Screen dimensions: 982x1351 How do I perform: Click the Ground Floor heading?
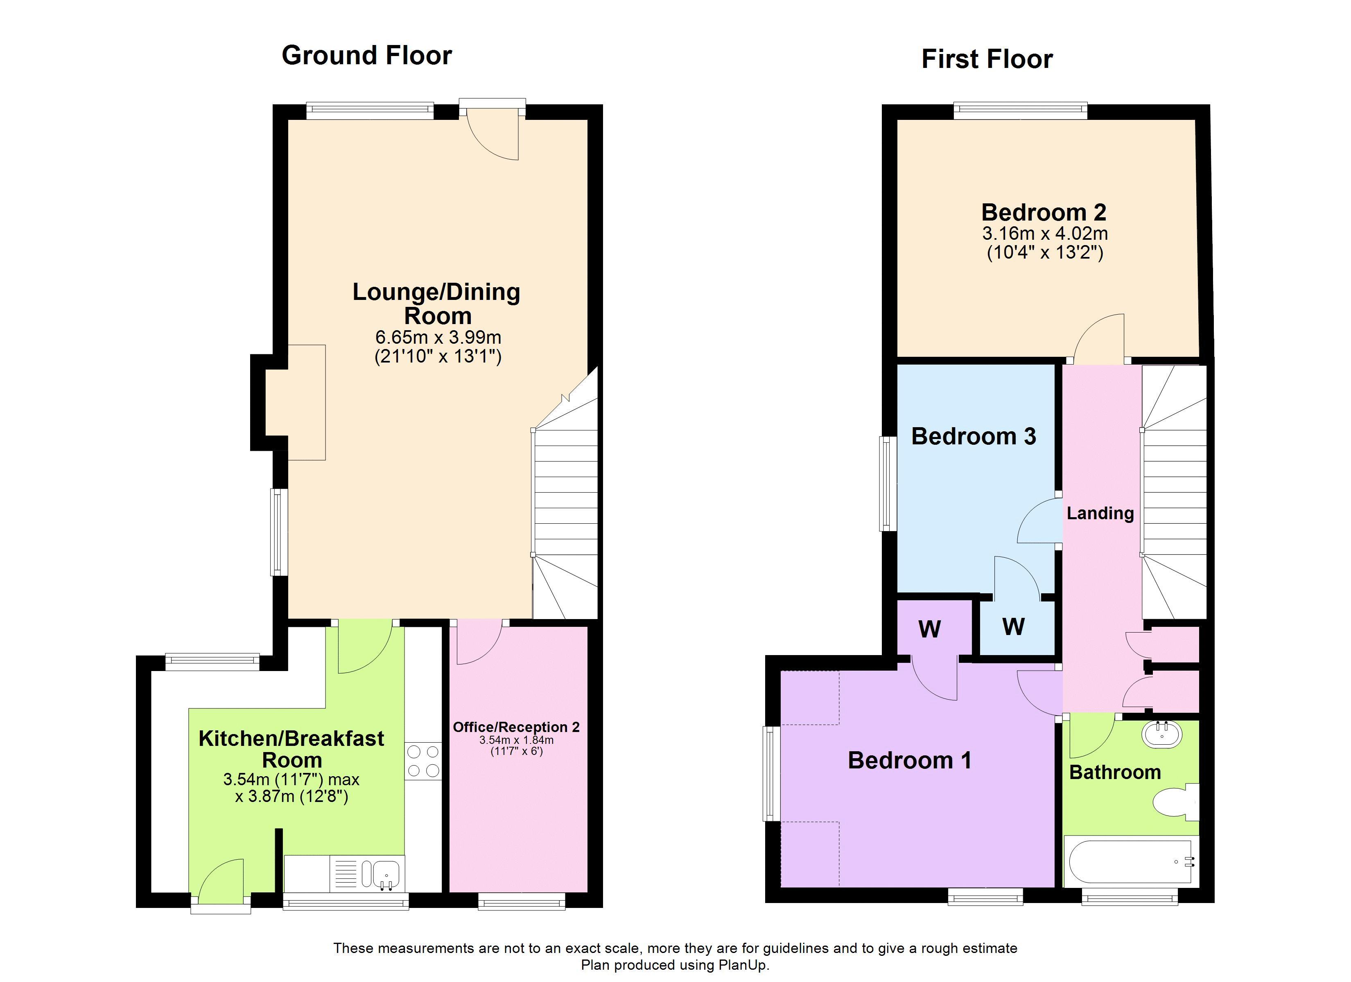366,55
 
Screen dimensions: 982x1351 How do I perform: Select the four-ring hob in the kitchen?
423,761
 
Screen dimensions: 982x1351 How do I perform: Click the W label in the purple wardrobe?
929,629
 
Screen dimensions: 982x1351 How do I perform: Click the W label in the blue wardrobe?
1013,626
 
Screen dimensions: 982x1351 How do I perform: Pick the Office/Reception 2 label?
516,727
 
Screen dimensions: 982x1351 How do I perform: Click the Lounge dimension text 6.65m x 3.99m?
438,337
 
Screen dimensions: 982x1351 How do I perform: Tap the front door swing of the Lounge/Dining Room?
497,137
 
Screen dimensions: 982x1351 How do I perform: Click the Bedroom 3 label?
974,437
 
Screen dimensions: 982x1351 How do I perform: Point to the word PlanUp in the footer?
743,965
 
